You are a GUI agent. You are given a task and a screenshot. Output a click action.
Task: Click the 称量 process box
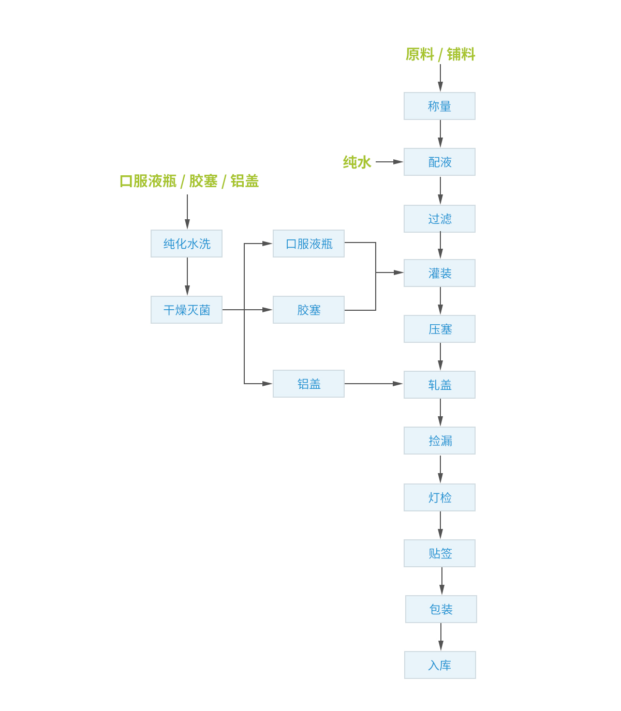coord(439,106)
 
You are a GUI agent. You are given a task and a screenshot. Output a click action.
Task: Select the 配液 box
coord(439,162)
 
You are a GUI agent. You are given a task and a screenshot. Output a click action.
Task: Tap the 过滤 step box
coord(439,219)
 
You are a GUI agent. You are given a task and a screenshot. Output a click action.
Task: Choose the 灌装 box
coord(439,273)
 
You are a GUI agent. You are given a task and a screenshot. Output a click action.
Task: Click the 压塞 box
coord(439,329)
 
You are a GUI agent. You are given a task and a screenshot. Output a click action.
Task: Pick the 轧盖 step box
coord(439,385)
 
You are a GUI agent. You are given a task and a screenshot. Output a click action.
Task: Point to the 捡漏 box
coord(439,441)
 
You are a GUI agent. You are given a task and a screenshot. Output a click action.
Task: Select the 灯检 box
coord(439,497)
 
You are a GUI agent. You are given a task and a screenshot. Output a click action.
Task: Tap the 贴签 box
coord(439,553)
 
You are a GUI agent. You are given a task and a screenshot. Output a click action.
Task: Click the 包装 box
coord(441,609)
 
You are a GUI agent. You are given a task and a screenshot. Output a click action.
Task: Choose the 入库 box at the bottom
coord(440,665)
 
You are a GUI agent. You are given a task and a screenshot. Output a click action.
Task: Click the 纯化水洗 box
coord(186,244)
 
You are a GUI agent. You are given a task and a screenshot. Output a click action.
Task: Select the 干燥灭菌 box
coord(186,310)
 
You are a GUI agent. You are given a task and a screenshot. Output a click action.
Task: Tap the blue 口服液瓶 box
coord(308,244)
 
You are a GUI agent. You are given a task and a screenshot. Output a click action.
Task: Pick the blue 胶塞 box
coord(308,310)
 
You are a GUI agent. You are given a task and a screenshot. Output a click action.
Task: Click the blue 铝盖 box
coord(308,384)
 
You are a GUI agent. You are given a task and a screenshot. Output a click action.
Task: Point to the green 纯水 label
coord(357,162)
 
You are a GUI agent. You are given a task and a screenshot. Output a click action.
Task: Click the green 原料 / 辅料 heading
coord(440,54)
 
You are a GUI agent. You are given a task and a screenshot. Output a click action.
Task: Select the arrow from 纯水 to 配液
coord(389,162)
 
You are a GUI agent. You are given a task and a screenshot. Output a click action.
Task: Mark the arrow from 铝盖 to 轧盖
coord(374,384)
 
